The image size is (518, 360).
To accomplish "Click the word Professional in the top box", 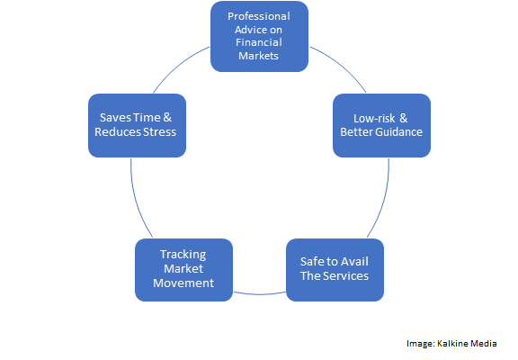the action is click(259, 16).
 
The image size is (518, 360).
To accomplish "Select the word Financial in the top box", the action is click(259, 42).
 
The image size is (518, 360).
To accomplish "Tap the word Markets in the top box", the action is click(258, 56).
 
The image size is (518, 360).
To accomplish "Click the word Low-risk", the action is click(374, 118).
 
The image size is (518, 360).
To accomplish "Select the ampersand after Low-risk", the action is click(404, 118).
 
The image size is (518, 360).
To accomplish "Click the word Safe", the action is click(312, 262).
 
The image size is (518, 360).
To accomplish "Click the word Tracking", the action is click(183, 255).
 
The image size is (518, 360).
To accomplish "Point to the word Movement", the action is click(183, 283).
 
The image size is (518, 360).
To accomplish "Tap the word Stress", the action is click(159, 132).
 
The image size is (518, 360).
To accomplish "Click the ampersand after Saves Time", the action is click(167, 117).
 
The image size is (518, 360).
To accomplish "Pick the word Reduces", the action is click(118, 132).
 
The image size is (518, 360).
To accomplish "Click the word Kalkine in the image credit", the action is click(452, 344).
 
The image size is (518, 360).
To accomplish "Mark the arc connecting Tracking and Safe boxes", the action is click(260, 294).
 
